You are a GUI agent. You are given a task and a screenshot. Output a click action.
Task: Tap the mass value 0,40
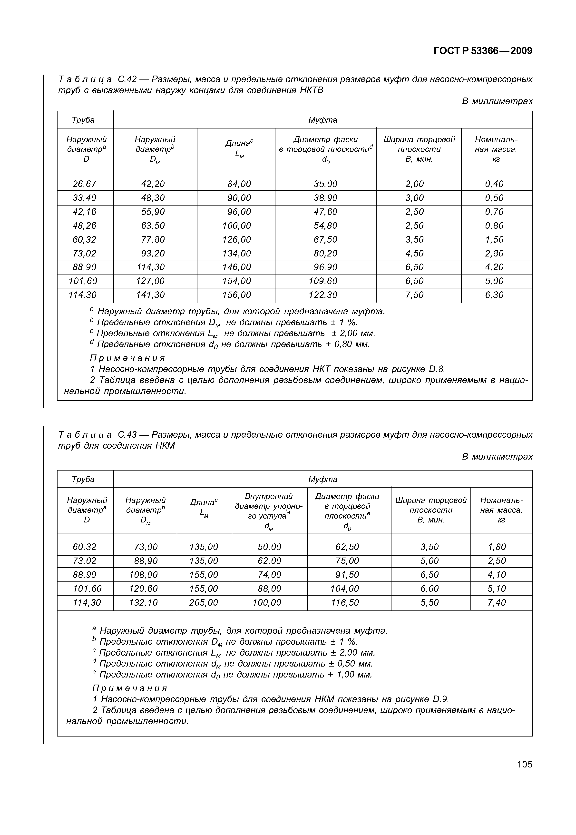coord(494,184)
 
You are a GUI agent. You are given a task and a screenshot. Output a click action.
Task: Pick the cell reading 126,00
coord(237,240)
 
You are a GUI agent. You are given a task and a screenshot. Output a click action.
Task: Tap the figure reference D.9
coord(440,699)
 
